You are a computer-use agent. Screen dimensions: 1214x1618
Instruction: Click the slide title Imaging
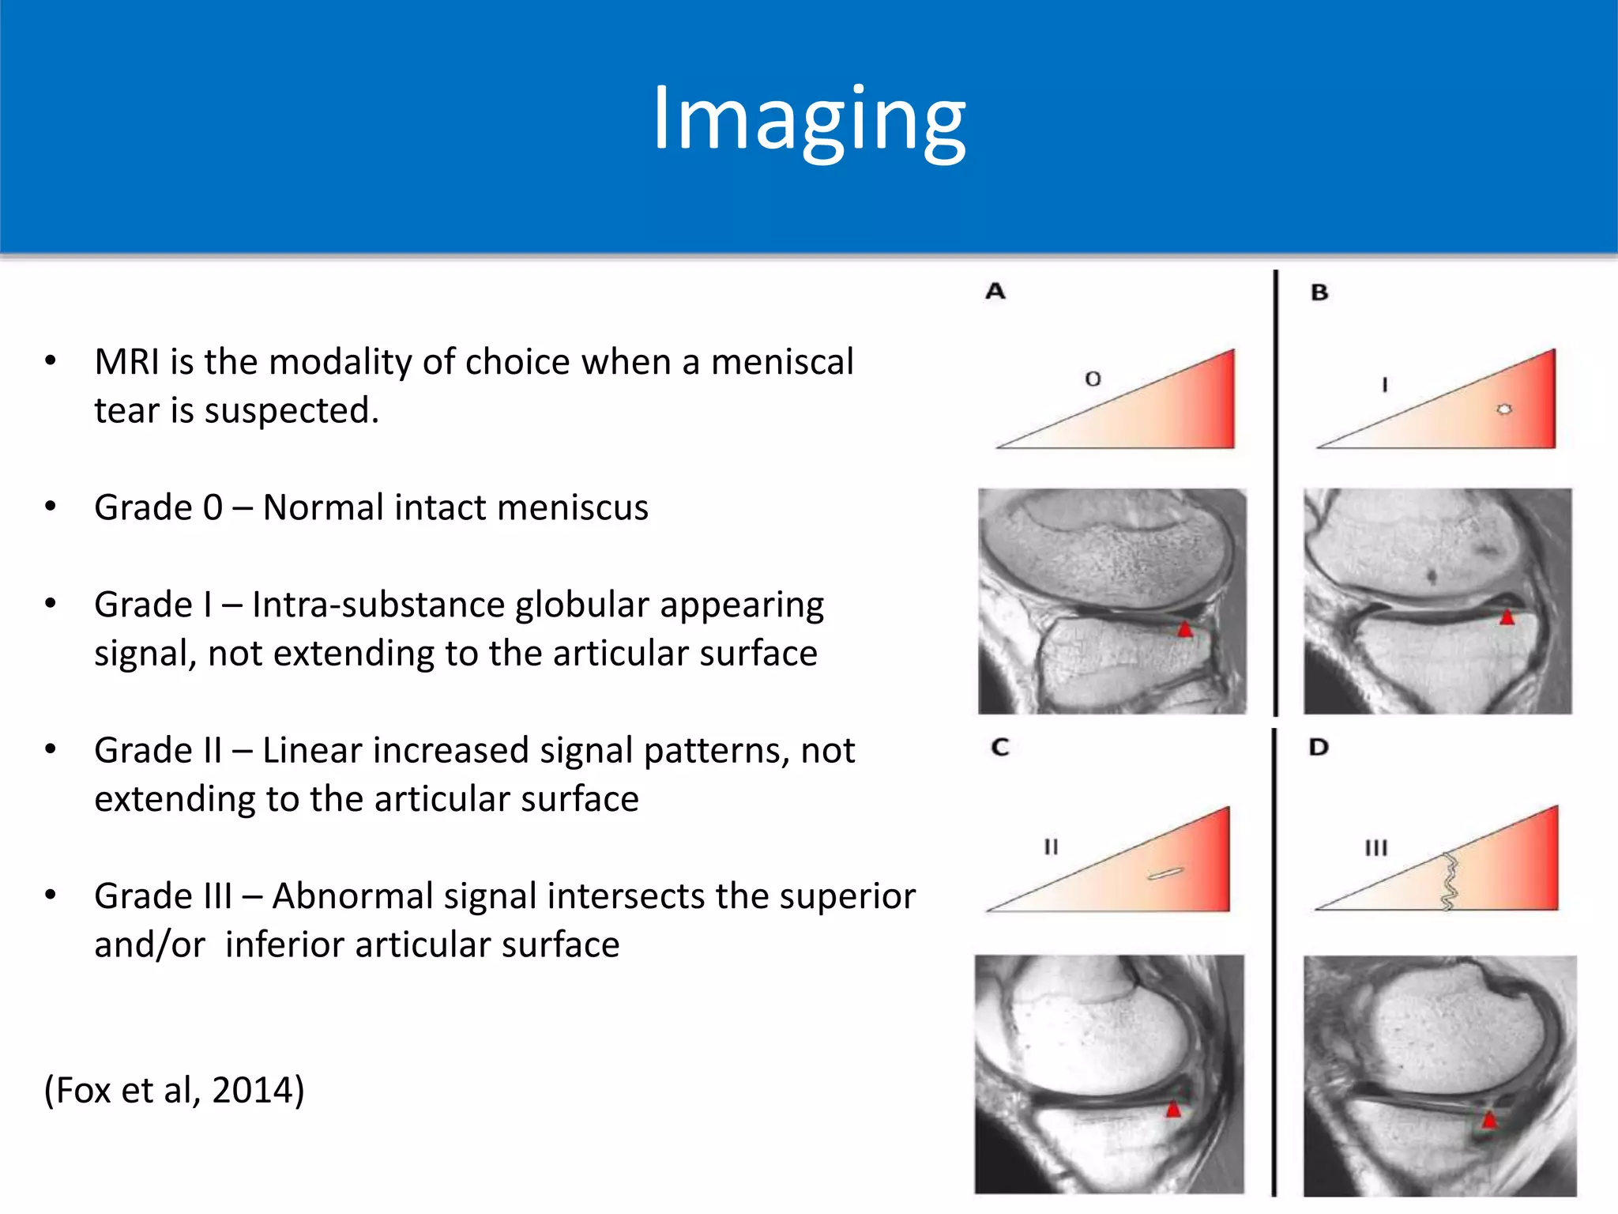(808, 120)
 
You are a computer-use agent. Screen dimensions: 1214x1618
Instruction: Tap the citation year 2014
(253, 1090)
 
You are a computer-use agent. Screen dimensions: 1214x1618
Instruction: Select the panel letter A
(995, 292)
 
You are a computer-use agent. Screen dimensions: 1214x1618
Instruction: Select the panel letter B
(1319, 292)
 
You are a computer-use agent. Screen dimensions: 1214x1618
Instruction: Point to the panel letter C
(1000, 747)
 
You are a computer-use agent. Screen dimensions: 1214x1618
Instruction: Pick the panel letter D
(1319, 747)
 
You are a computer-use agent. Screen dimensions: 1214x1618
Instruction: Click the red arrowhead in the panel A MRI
(1185, 630)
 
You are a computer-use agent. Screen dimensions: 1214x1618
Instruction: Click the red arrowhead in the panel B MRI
(1507, 617)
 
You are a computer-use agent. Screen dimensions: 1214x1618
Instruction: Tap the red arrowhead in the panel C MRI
(1174, 1109)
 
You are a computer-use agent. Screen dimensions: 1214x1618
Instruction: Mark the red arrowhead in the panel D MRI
(1489, 1119)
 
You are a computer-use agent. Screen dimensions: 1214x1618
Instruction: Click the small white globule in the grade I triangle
(1504, 409)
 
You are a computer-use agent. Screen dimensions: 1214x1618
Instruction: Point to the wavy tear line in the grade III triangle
(1450, 881)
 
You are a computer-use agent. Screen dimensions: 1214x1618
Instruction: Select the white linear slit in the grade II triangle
(1165, 873)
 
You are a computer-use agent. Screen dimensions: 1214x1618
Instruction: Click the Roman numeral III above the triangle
(1375, 848)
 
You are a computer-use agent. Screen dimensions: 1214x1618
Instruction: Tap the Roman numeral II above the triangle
(1051, 847)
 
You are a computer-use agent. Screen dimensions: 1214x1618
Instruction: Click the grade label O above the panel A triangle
(1093, 379)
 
